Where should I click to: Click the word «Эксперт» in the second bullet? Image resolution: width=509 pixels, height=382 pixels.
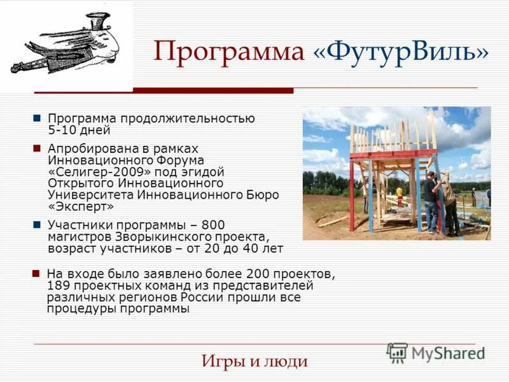81,206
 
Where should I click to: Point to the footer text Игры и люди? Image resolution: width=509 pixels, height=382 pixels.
254,362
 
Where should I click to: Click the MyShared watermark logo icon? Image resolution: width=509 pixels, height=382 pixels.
397,353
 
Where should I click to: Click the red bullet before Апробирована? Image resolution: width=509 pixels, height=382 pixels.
37,148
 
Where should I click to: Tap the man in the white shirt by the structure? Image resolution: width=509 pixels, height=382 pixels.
449,201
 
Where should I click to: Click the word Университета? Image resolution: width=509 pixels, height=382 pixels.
92,195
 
